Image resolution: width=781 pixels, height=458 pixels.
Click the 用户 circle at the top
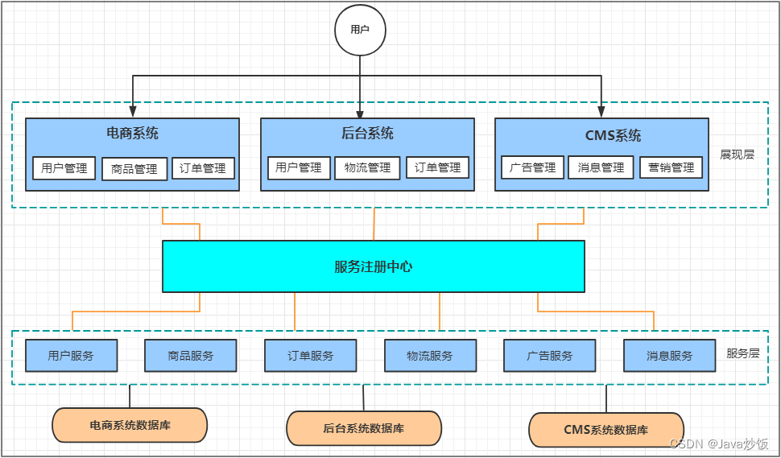point(360,30)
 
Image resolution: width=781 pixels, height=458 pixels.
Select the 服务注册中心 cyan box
point(373,266)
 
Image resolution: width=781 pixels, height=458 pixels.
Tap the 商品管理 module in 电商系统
point(134,169)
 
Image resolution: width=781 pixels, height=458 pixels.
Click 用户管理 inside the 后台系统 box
point(298,167)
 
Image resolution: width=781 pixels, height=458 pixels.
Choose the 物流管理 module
point(367,167)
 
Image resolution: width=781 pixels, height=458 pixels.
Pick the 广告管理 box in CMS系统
point(532,167)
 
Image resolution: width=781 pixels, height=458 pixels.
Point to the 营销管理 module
point(671,167)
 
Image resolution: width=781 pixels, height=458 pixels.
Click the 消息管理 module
point(601,167)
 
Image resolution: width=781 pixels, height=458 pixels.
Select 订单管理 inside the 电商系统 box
point(203,168)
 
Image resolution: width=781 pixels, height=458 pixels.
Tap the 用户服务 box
point(71,355)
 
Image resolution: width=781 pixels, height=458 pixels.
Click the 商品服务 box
point(191,355)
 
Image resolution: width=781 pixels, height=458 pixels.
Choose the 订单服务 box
point(311,355)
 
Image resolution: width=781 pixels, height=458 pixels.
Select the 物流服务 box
point(430,355)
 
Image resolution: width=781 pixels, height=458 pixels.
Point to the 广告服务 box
point(550,355)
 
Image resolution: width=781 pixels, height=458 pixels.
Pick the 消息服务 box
point(669,355)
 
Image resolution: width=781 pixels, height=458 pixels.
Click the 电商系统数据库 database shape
point(130,425)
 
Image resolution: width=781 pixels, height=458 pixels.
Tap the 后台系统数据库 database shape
point(364,428)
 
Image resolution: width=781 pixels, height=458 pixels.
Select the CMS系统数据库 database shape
point(605,430)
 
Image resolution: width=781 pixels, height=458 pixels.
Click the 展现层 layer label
point(737,155)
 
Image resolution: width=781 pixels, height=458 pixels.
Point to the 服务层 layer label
point(742,353)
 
